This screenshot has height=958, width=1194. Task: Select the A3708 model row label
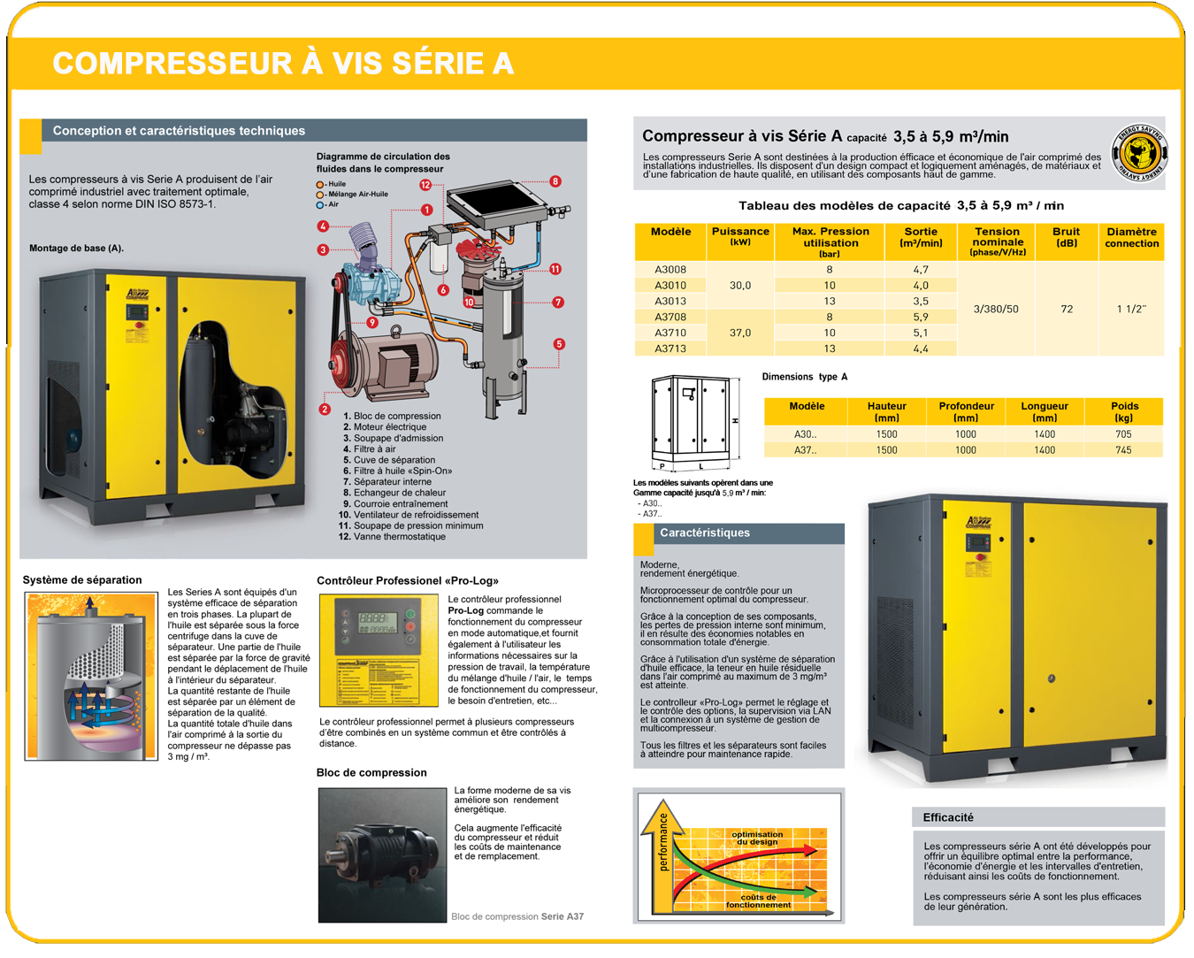(670, 317)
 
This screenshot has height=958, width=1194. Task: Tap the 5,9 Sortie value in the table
(921, 317)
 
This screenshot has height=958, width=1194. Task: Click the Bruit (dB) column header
(1067, 237)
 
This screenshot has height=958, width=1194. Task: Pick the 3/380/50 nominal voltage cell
(996, 309)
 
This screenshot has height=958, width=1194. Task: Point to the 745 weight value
(1123, 450)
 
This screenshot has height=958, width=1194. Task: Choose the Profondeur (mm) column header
(966, 411)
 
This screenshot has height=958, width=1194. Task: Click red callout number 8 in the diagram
(555, 181)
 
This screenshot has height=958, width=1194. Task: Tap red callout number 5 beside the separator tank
(559, 344)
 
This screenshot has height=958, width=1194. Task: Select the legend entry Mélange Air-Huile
(356, 195)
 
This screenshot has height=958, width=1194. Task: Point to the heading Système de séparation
(82, 580)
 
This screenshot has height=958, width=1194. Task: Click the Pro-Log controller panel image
(379, 650)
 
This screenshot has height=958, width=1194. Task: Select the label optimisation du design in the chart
(757, 838)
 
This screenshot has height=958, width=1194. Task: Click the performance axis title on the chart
(663, 842)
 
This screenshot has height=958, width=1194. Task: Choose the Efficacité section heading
(948, 817)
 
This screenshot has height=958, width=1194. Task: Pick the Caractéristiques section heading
(705, 533)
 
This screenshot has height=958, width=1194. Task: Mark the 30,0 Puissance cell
(740, 285)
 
